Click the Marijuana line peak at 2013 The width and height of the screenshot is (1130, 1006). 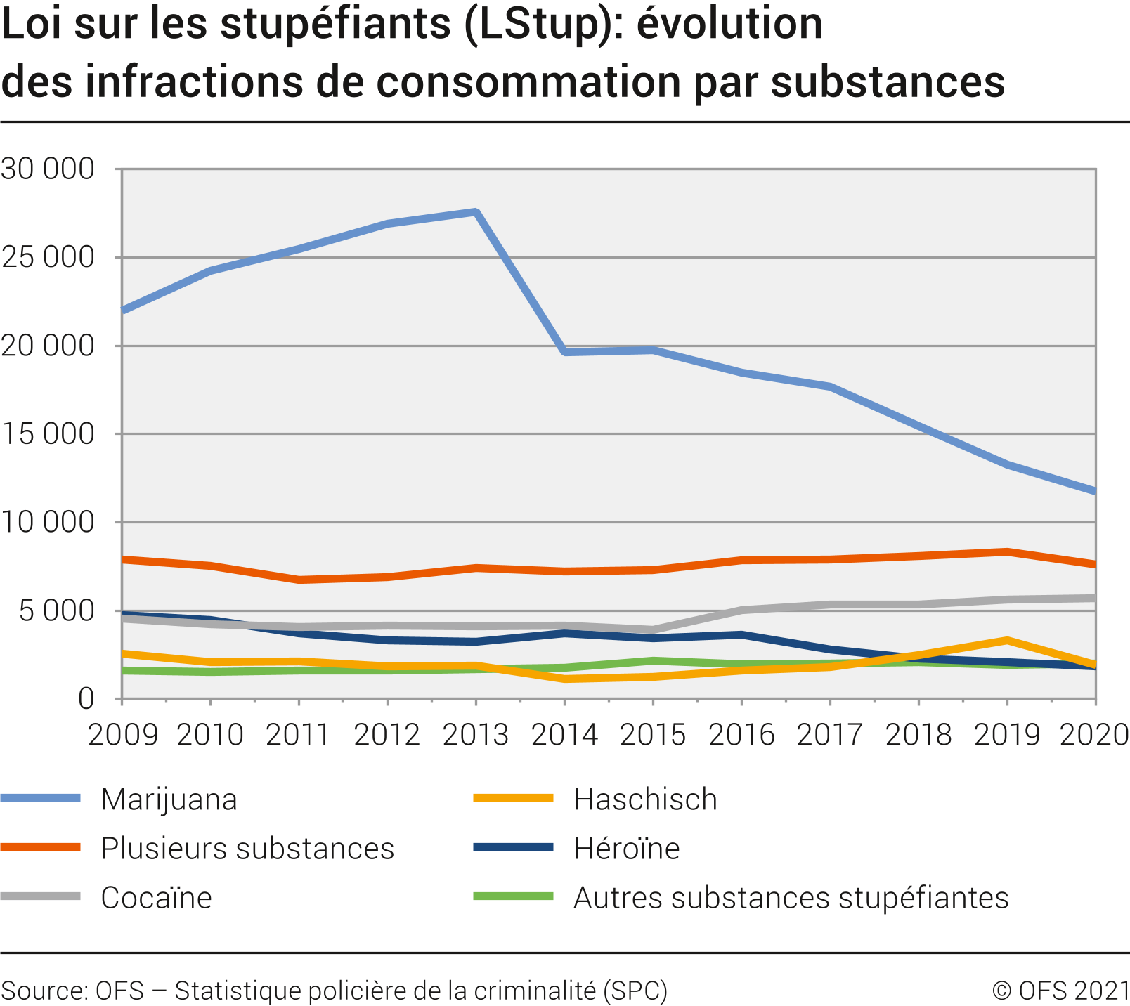(476, 212)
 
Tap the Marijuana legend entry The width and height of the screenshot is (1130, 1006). (169, 799)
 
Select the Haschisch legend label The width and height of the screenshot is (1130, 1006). (645, 799)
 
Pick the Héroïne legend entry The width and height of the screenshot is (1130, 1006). (626, 849)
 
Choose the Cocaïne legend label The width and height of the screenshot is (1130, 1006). (156, 898)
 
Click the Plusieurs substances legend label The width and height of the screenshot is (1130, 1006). (247, 849)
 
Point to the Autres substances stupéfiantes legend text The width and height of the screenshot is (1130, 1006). (791, 898)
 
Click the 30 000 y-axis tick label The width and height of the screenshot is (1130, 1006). (48, 169)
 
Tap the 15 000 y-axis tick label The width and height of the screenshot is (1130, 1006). (48, 434)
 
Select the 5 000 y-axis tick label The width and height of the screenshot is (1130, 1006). (56, 610)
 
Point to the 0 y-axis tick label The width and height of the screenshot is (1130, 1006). (86, 699)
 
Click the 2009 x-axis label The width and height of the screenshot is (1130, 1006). (122, 735)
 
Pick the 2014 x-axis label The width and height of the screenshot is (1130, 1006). (564, 735)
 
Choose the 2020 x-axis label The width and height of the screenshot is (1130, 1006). (1093, 735)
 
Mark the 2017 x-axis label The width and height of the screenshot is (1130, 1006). (830, 735)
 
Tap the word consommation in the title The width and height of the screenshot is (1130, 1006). (528, 81)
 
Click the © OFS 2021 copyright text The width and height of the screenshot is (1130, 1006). (1060, 991)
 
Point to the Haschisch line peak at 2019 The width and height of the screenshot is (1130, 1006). (1007, 641)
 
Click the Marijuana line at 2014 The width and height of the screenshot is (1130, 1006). (565, 351)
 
